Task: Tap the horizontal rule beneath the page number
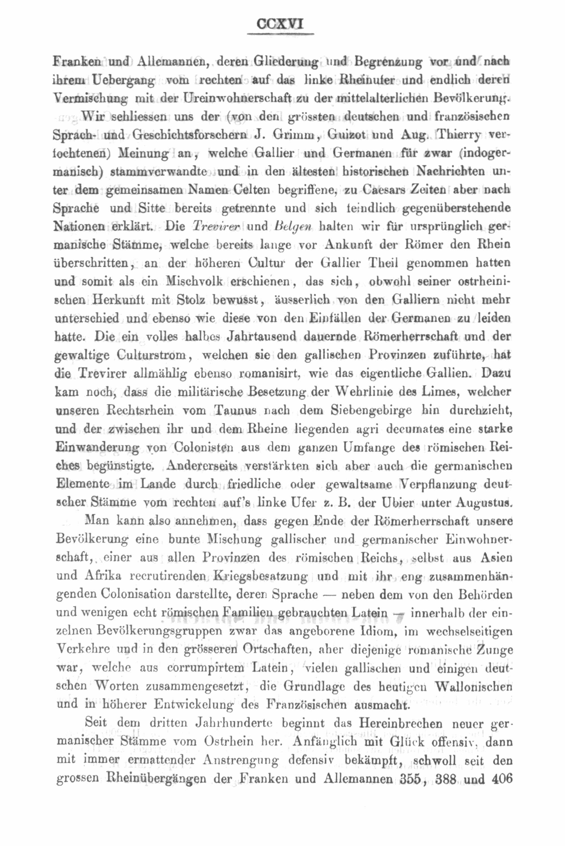pyautogui.click(x=280, y=34)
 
